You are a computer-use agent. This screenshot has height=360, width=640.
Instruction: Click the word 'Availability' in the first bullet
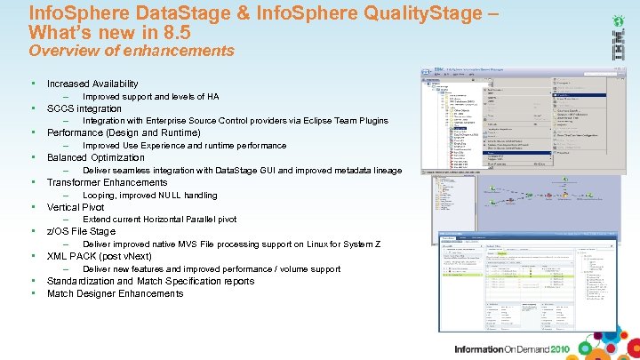(112, 84)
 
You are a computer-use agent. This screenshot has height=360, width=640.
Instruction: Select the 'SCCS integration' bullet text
(84, 108)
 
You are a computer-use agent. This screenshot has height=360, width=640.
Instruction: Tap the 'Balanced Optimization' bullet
(95, 157)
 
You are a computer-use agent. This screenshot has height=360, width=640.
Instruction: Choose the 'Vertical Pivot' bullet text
(76, 207)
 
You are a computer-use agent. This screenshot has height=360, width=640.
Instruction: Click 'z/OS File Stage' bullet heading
(81, 232)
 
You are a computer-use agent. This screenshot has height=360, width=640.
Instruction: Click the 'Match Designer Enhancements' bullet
(115, 293)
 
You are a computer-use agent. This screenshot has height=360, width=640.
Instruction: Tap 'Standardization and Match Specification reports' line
(150, 281)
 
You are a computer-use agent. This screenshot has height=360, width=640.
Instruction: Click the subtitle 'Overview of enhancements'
(132, 51)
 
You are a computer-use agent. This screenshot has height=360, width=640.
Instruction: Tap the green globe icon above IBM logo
(616, 19)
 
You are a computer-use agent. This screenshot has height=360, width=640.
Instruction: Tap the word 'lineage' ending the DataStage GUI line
(385, 171)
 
